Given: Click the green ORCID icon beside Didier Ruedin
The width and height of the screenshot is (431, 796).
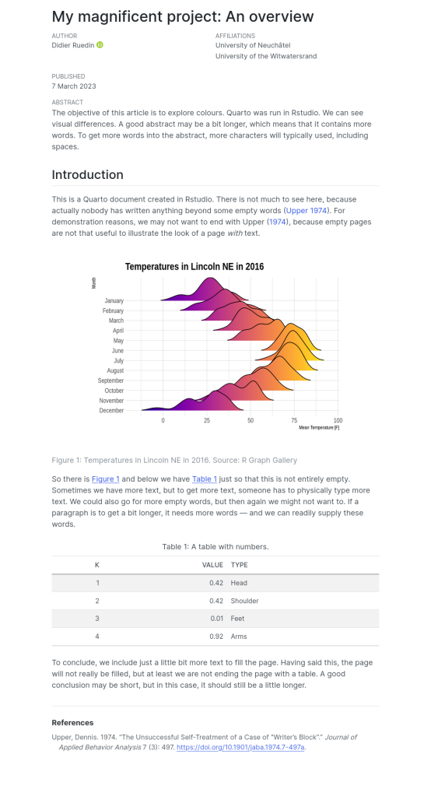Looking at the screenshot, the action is point(100,45).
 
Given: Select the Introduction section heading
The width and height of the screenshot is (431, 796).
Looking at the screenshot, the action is point(87,174).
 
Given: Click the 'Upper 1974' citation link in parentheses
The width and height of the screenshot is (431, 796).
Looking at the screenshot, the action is point(307,211).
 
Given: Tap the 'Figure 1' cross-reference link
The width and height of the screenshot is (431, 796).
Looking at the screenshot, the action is point(106,479).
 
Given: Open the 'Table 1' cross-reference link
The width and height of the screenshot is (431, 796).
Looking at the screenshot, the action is point(205,479).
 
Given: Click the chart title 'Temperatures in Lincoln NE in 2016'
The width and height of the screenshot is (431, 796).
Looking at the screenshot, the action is point(194,267).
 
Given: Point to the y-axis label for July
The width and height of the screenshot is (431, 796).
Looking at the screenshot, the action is point(118,361).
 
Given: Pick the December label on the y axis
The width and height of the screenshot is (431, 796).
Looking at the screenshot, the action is point(111,411).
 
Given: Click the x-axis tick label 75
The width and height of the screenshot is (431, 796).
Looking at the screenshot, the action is point(294,421).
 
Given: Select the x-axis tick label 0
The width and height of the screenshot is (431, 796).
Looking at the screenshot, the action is point(163,421).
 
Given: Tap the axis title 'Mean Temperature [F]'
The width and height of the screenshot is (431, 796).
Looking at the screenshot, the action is point(319,428).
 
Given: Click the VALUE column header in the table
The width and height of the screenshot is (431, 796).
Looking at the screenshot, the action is point(212,565).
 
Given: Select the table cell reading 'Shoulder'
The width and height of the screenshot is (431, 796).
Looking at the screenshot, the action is point(245,601).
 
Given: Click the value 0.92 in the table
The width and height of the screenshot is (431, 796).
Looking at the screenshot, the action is point(216,636).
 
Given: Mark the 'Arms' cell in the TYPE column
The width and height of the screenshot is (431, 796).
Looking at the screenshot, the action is point(239,636).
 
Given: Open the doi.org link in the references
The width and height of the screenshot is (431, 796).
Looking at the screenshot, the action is point(240,747).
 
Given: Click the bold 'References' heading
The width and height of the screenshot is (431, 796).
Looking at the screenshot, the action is point(72,723).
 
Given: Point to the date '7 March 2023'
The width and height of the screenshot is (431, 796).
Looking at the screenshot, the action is point(74,86).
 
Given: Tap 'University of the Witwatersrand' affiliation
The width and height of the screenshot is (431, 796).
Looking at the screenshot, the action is point(266,56).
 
